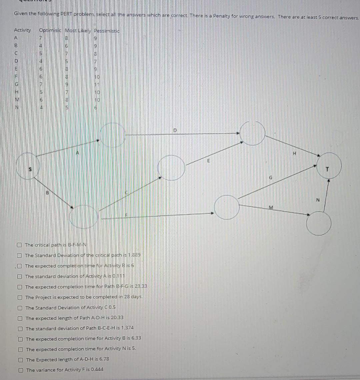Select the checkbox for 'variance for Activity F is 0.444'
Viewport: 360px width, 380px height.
pyautogui.click(x=21, y=370)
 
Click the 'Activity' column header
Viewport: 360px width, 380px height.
pyautogui.click(x=22, y=30)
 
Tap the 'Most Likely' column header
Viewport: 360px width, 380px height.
pyautogui.click(x=78, y=31)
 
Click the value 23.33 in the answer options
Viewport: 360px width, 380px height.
pyautogui.click(x=140, y=286)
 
